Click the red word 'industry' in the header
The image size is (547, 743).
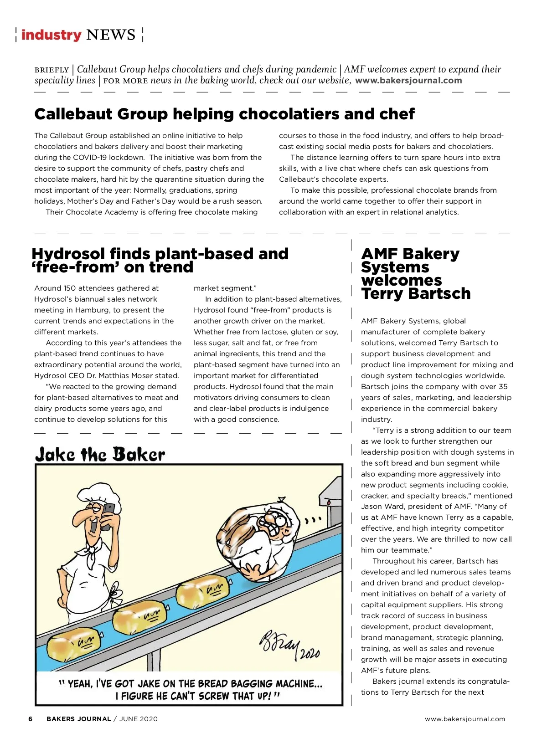(x=51, y=35)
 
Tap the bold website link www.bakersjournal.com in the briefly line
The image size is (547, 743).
(x=408, y=81)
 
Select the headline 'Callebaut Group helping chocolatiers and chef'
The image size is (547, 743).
(x=224, y=114)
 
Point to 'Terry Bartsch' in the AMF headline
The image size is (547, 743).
(x=416, y=294)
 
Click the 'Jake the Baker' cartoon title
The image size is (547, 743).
(x=100, y=455)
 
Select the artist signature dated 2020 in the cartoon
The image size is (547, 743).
(x=289, y=645)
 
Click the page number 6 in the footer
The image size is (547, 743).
(x=31, y=719)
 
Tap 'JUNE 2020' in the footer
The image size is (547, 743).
(x=139, y=719)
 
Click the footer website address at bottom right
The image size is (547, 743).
(x=465, y=719)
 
